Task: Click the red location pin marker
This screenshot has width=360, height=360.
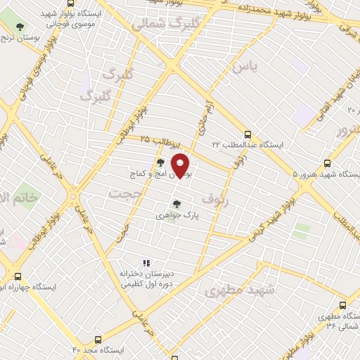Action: point(181,165)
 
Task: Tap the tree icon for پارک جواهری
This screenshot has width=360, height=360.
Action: point(176,204)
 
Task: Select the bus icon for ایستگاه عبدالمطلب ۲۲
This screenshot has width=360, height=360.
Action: point(247,133)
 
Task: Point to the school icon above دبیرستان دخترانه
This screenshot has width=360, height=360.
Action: point(146,263)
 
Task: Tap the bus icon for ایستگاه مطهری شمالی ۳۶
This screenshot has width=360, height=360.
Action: point(342,305)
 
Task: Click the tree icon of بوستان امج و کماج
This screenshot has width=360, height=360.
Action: point(161,162)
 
